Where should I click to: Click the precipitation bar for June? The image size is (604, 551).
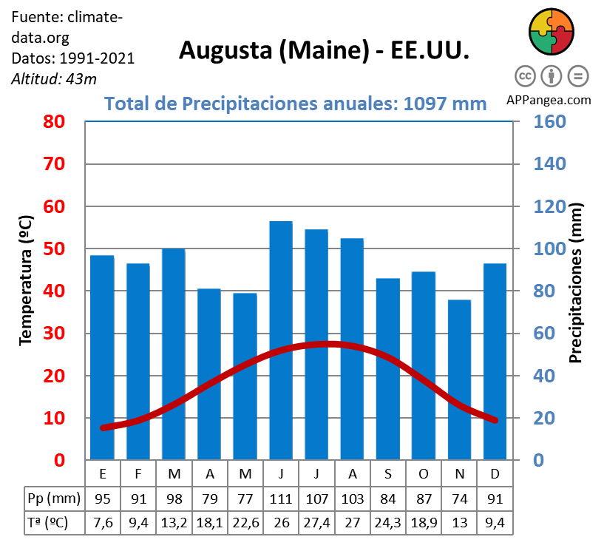(281, 340)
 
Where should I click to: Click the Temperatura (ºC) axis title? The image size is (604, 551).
(26, 280)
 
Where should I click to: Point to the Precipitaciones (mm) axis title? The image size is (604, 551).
(576, 283)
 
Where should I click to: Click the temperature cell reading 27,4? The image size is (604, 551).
(316, 522)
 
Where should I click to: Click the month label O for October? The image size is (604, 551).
(424, 473)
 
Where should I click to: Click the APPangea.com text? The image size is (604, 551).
(549, 100)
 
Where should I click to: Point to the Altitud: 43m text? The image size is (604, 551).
(54, 78)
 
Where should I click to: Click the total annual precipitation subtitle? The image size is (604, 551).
(296, 104)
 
